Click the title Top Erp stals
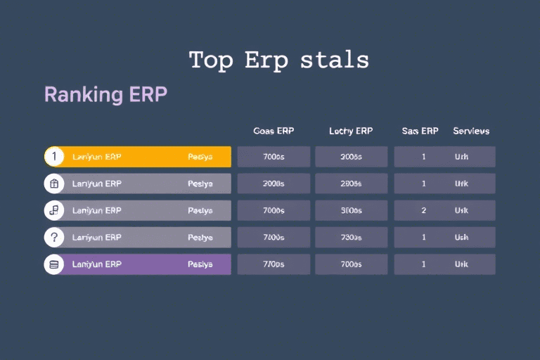[278, 60]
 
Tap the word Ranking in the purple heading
[73, 94]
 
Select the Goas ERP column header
[274, 131]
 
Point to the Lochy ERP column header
[351, 131]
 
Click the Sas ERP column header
[420, 131]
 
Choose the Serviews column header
[471, 131]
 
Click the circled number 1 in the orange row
[54, 157]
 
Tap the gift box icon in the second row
[54, 184]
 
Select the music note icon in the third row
[54, 210]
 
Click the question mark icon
[54, 237]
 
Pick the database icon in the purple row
[54, 264]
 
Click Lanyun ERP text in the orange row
[97, 157]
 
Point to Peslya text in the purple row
[200, 264]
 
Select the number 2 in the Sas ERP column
[424, 210]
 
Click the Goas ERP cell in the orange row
[274, 157]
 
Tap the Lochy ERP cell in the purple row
[351, 264]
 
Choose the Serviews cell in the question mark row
[462, 237]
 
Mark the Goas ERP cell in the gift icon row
[274, 184]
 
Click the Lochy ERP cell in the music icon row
[351, 210]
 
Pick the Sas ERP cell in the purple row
[424, 264]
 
